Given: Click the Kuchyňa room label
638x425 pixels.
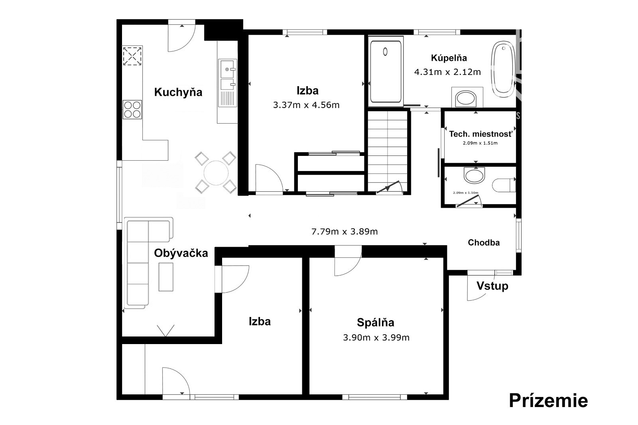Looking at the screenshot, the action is (178, 92).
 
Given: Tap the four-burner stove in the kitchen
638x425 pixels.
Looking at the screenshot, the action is (132, 109).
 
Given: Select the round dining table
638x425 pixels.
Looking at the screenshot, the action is (216, 173).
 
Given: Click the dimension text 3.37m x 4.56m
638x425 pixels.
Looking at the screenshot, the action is (306, 105).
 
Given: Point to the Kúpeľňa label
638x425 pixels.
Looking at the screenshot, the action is (449, 58).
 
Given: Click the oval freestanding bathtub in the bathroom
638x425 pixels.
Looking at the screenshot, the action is (503, 69).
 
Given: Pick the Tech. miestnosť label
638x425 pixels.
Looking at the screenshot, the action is (480, 134).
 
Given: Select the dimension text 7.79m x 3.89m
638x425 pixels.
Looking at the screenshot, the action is (345, 232).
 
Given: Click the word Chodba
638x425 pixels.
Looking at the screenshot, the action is (484, 242).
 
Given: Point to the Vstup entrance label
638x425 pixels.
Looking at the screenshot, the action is (492, 286).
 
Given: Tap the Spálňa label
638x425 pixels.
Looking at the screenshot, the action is (375, 323).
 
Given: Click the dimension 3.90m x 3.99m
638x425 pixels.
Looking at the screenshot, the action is (376, 338).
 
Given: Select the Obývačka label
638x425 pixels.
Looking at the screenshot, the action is (181, 253).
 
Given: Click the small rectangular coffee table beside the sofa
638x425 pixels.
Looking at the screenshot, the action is (166, 277).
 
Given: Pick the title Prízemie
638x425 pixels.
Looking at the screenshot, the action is (548, 401).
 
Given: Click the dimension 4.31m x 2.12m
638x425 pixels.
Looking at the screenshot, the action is (447, 72).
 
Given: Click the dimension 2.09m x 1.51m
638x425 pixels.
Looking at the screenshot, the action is (480, 143).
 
